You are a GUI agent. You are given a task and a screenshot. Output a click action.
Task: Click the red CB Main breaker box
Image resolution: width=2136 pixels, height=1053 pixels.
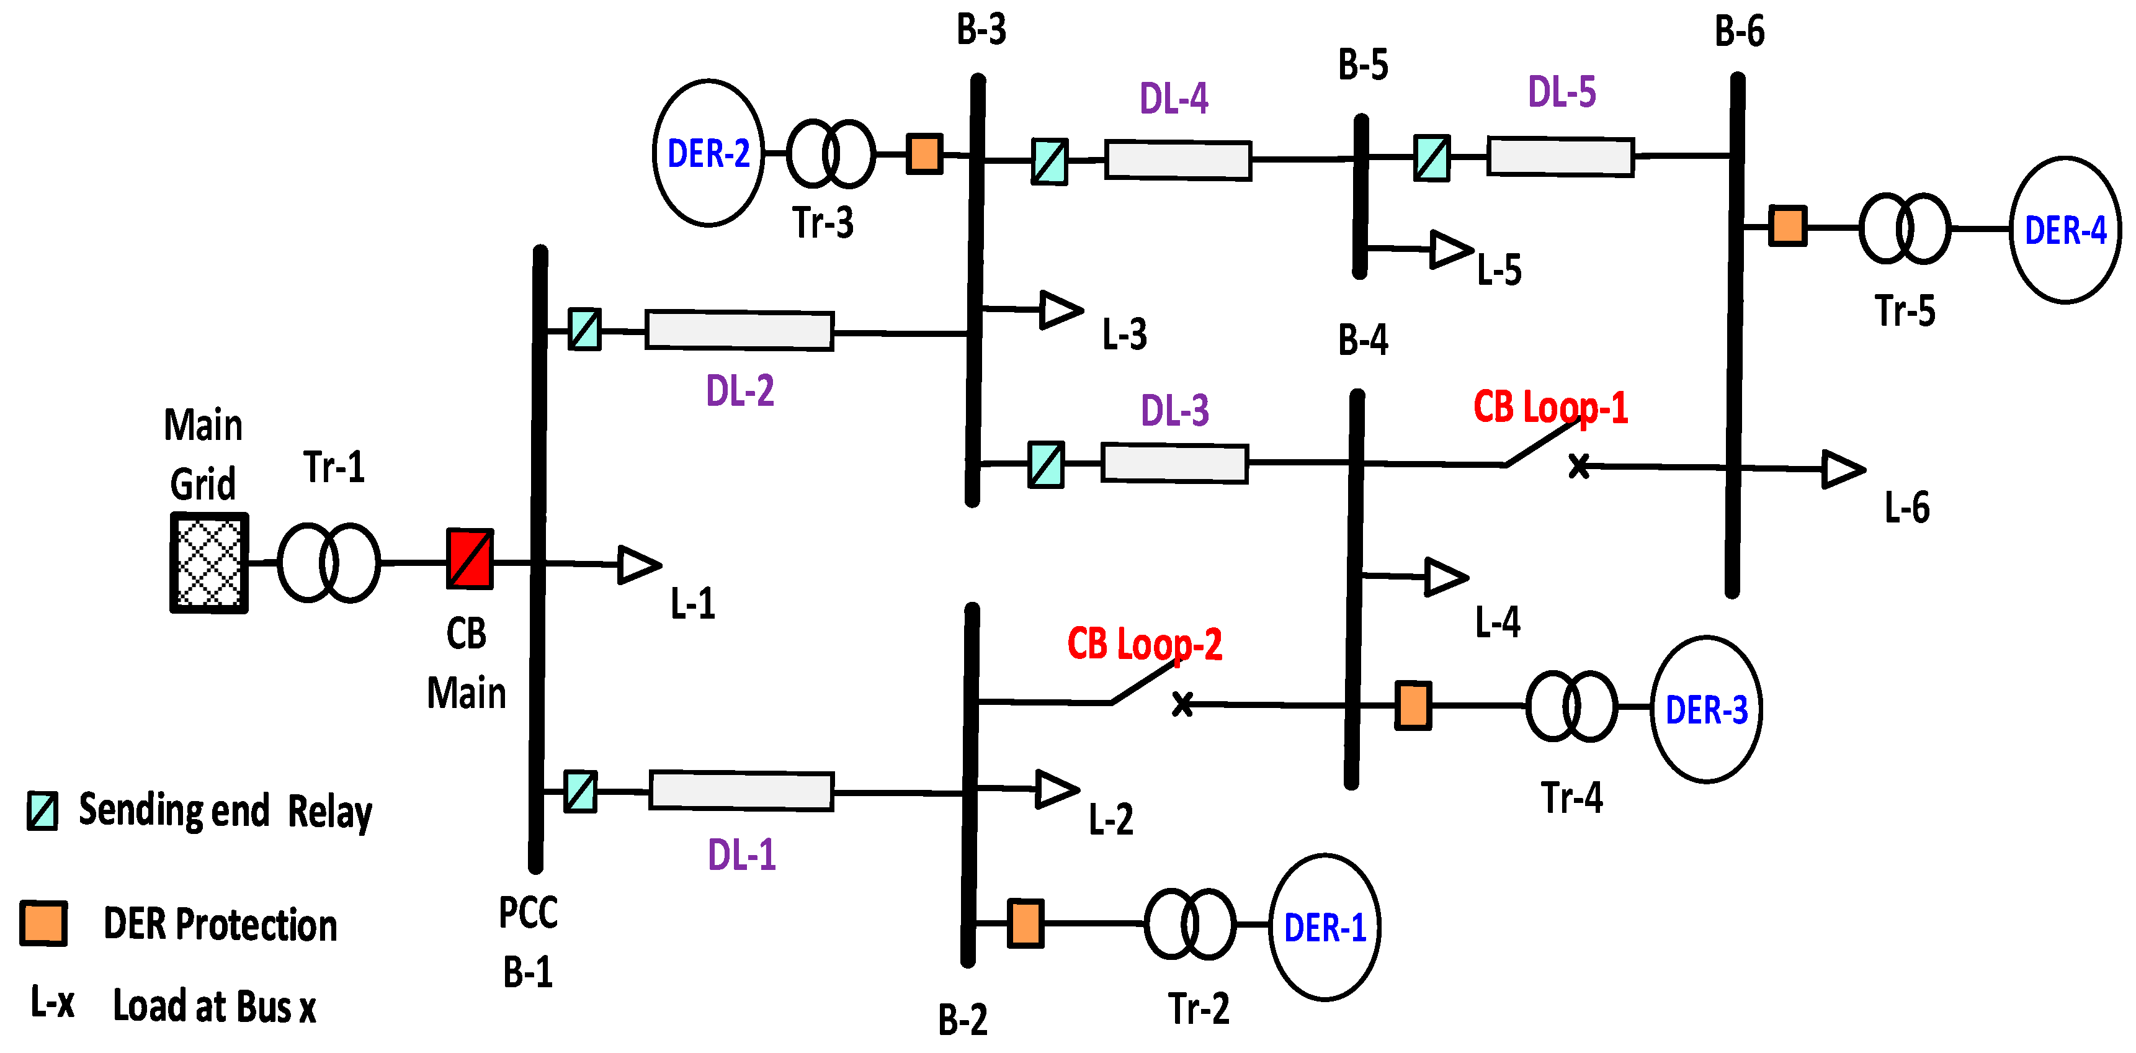(x=470, y=559)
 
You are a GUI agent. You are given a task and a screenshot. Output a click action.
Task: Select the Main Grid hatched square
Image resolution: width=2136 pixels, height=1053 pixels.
(x=209, y=563)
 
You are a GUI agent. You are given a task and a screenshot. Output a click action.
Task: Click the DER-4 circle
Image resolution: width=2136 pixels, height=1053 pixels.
(x=2065, y=230)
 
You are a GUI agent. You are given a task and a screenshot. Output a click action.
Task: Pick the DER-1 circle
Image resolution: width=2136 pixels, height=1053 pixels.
(x=1324, y=927)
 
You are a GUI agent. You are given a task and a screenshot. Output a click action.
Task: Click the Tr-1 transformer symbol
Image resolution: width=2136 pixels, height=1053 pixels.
(x=328, y=562)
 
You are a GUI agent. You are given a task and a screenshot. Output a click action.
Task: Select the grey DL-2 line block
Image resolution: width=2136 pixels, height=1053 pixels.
(x=739, y=330)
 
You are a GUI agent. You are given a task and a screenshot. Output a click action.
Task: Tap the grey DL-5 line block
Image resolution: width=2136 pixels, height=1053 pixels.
(x=1560, y=156)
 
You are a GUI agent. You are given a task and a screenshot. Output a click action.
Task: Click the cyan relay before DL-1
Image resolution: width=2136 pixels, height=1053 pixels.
(x=581, y=791)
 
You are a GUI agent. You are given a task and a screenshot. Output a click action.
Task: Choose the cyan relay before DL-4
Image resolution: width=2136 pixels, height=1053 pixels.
(x=1049, y=161)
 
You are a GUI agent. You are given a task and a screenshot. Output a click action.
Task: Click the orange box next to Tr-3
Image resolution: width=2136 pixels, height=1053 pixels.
(x=924, y=153)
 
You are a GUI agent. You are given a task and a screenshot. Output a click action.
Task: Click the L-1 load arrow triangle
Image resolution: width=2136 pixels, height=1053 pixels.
(x=638, y=565)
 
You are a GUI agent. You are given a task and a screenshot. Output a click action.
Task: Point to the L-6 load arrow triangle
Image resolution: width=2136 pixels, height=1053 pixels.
(x=1843, y=469)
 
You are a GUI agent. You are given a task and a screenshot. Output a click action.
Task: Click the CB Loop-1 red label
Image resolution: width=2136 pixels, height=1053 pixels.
(x=1550, y=408)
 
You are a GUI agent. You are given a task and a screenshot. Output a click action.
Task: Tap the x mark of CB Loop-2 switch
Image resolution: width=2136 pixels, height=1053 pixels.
(x=1182, y=704)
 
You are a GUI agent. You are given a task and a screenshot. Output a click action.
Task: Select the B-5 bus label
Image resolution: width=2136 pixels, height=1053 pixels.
(x=1362, y=65)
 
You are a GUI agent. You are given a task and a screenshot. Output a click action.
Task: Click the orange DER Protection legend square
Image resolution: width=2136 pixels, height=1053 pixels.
(x=43, y=923)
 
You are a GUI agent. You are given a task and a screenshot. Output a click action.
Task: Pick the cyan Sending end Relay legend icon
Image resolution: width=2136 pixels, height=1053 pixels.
(x=42, y=811)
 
